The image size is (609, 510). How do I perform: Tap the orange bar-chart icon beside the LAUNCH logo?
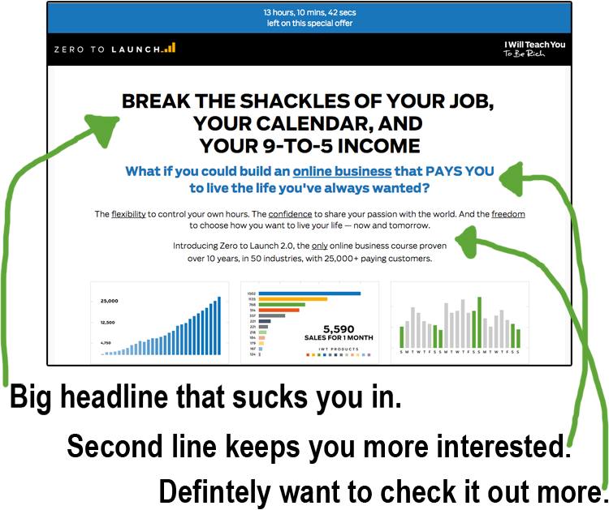click(168, 48)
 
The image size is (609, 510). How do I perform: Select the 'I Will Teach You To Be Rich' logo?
click(534, 49)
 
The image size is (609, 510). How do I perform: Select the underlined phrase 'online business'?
click(342, 171)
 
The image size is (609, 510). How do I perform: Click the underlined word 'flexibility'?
click(128, 214)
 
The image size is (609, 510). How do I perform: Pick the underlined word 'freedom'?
click(508, 214)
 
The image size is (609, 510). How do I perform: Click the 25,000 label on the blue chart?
click(109, 301)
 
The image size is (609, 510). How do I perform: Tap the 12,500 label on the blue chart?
click(109, 323)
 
